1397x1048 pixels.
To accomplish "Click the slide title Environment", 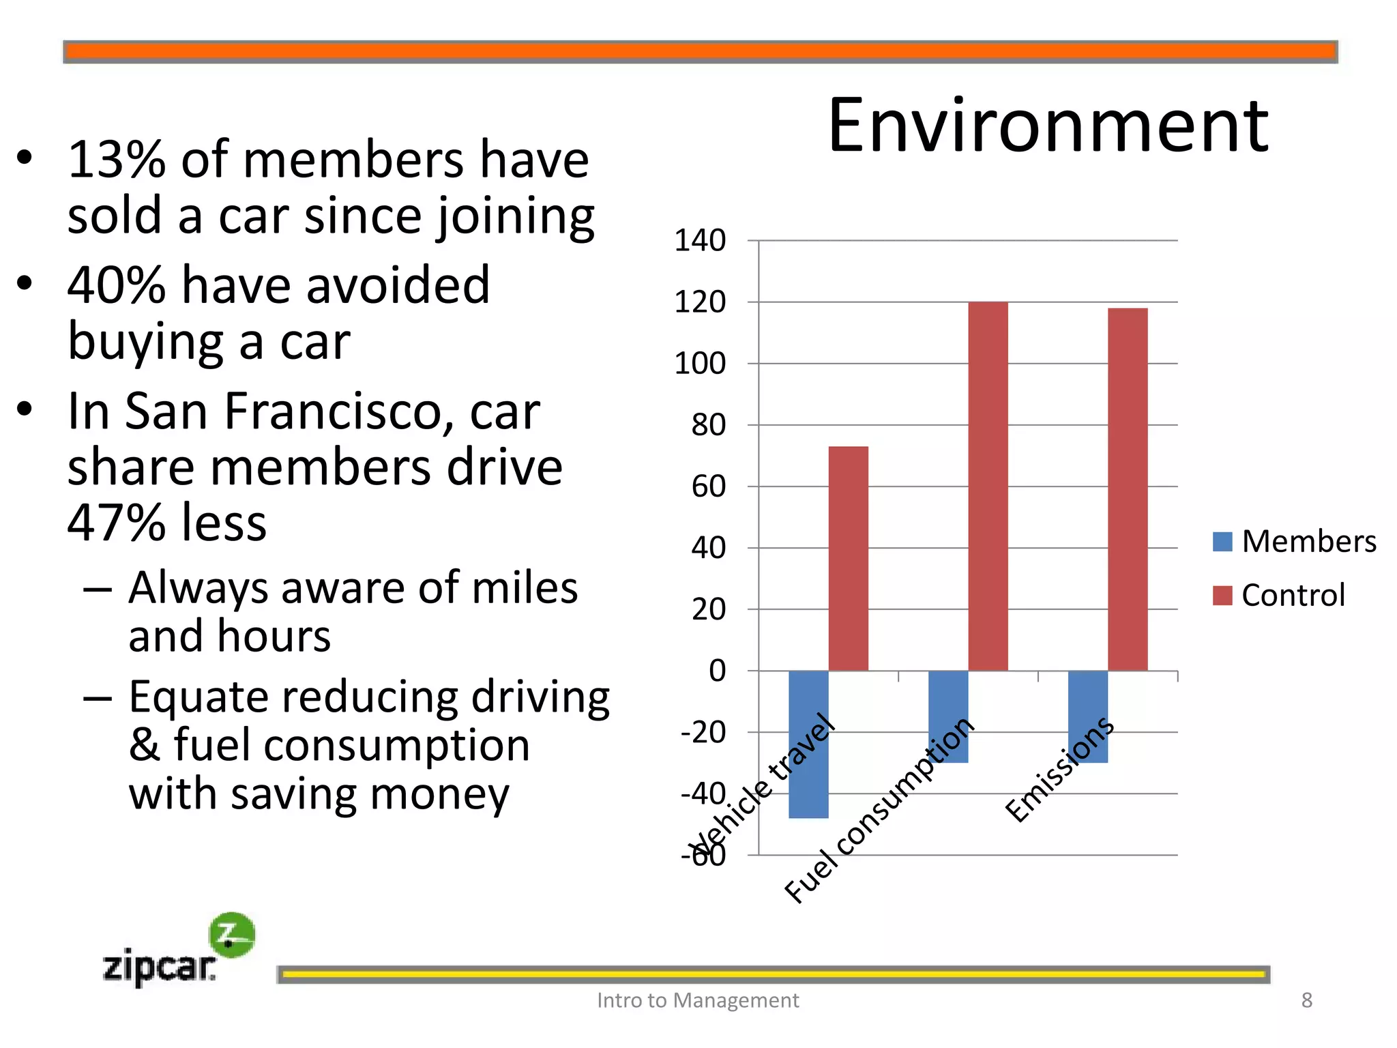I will coord(1048,126).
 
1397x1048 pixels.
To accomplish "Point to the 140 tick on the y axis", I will coord(700,241).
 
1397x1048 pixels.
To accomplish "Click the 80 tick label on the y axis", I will coord(708,425).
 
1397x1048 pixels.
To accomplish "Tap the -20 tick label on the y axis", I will coord(703,733).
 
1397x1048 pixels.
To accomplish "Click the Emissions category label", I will coord(1059,770).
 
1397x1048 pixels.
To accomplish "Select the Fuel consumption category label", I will coord(880,810).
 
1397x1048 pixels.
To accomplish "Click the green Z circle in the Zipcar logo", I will coord(232,935).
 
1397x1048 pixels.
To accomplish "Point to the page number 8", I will coord(1306,1000).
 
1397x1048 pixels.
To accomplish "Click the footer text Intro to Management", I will coord(697,1000).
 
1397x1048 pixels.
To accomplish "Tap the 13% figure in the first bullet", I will coord(117,160).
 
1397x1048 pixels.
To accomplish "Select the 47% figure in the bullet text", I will coord(117,523).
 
